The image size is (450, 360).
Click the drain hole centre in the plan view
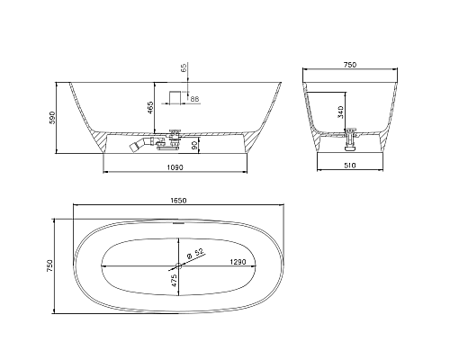coord(176,265)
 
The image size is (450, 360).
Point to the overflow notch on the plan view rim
coord(176,219)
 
